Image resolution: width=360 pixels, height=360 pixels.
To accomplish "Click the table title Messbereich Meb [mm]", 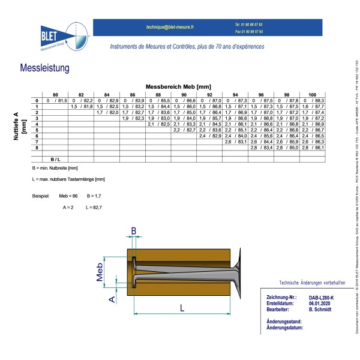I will [x=179, y=88].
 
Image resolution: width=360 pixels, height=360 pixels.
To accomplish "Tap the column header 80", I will [x=55, y=95].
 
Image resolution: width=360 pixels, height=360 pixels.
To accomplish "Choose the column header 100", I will [x=313, y=95].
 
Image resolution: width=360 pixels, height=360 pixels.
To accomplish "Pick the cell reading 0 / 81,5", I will [x=55, y=100].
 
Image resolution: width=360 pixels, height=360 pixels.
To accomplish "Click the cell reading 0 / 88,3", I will [x=313, y=100].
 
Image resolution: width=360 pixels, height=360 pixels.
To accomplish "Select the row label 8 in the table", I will [x=37, y=147].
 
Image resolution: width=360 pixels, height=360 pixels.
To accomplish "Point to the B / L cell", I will [x=55, y=159].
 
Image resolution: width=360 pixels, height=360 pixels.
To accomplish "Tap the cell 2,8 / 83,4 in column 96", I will [x=261, y=147].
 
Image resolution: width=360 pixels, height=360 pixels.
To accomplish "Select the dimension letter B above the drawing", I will [x=134, y=230].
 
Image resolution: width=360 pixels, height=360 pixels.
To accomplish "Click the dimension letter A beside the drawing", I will [x=111, y=298].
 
